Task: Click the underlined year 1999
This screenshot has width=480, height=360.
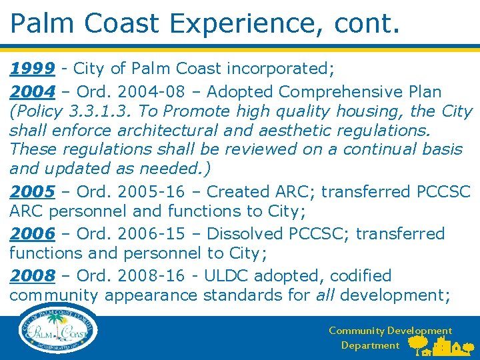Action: [x=32, y=68]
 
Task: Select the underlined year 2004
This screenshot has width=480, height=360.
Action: [x=32, y=91]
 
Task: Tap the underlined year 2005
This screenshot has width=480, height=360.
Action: [x=32, y=192]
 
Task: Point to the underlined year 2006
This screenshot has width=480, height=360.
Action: [x=32, y=234]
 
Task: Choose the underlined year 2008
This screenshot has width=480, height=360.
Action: [x=32, y=276]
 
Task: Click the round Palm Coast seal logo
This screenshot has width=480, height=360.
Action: [x=59, y=331]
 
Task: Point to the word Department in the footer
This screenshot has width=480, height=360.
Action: [x=370, y=345]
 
